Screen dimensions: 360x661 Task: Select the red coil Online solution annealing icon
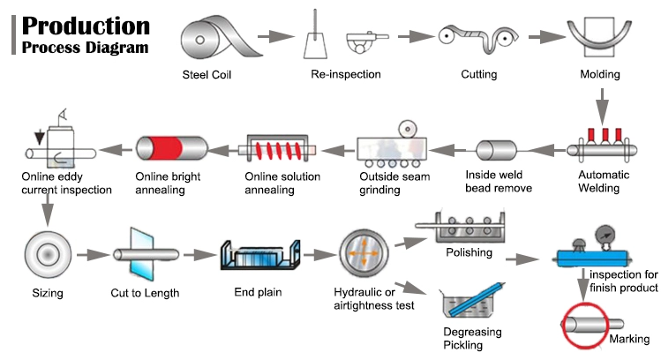279,148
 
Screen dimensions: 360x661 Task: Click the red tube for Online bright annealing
171,148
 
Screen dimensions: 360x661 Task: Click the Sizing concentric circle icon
41,254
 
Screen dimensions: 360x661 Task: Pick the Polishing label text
468,253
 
